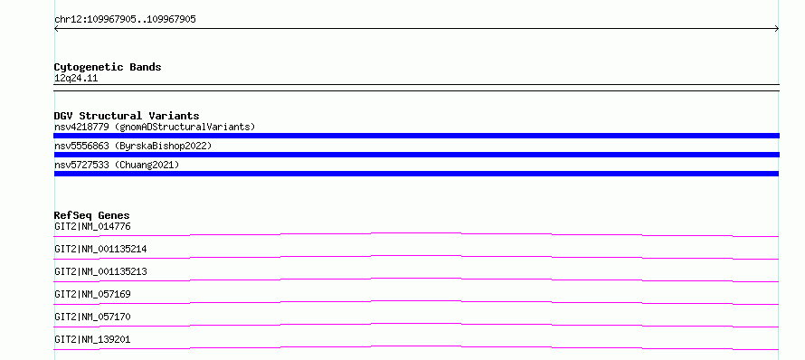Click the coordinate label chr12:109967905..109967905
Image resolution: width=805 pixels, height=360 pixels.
pos(125,20)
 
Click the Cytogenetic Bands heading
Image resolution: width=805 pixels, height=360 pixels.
pos(108,67)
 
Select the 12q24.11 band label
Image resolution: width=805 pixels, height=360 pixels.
pos(76,79)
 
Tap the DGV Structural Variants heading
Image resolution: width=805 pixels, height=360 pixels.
pos(127,116)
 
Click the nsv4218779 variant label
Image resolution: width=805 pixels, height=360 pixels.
pos(81,127)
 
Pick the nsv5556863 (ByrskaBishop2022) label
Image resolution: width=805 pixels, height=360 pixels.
pos(133,146)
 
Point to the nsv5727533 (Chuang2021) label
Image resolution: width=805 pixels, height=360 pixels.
pos(117,165)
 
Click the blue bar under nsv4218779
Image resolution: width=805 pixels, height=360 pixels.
pos(416,136)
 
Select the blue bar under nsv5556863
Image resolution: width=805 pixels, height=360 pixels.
pos(416,155)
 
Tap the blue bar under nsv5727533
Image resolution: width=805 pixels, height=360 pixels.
pos(416,174)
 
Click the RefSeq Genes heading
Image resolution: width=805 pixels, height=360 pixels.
pos(92,215)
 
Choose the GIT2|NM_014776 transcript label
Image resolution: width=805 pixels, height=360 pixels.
pos(89,226)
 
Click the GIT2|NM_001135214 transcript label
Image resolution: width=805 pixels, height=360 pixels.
pos(100,249)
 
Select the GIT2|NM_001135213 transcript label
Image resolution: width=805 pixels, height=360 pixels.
pos(100,271)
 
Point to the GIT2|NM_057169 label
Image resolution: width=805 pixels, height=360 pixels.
pos(92,294)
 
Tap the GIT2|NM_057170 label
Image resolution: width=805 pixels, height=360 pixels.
pos(92,317)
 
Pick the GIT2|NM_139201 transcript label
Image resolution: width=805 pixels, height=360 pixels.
pos(92,339)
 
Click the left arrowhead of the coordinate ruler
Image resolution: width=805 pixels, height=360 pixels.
pos(55,29)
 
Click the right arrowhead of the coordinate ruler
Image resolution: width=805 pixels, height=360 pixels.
pos(778,29)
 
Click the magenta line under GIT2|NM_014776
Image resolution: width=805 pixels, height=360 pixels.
pos(416,233)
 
